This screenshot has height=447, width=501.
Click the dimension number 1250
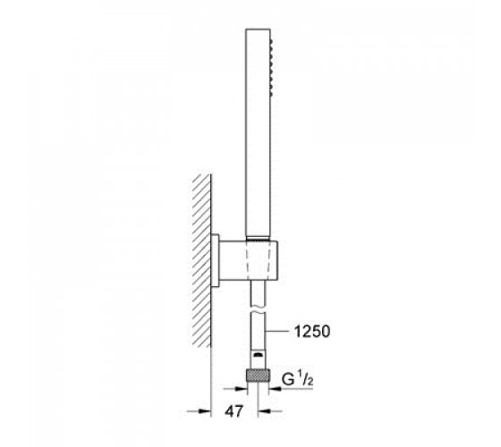point(312,332)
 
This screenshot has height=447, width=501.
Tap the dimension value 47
point(234,411)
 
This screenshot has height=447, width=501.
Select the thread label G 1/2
point(297,379)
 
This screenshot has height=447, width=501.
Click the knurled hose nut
point(258,375)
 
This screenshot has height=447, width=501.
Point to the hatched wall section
point(201,260)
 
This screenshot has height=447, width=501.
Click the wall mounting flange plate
point(215,260)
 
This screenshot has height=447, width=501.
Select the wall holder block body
point(249,260)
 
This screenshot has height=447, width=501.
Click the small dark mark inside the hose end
point(259,355)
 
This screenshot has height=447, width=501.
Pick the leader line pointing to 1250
point(277,332)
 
